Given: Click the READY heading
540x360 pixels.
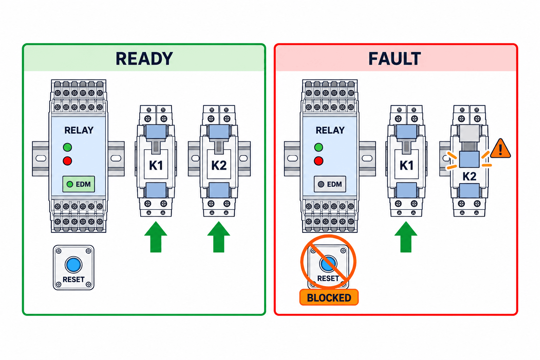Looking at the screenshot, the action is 144,59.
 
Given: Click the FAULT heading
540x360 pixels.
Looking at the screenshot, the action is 395,59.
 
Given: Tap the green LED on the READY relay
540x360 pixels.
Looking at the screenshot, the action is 67,147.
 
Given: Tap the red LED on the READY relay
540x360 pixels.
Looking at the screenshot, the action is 67,161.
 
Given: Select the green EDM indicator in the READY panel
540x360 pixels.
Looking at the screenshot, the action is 79,184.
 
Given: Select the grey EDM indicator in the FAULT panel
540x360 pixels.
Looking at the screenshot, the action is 330,184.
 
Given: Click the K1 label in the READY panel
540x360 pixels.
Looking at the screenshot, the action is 156,166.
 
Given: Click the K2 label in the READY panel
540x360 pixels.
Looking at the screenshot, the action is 219,166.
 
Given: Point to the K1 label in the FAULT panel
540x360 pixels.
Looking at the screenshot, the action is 407,166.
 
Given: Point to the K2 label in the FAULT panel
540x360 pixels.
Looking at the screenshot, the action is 469,176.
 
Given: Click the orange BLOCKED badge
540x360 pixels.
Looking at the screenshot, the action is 329,297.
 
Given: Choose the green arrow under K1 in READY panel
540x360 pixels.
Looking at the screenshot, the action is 156,237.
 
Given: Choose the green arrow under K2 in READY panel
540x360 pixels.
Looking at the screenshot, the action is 219,237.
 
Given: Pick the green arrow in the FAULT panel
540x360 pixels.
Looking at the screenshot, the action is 406,237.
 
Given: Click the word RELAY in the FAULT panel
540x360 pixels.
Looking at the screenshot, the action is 330,130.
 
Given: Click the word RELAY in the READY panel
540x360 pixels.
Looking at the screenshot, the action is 79,130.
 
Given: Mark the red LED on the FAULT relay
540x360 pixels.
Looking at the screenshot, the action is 319,161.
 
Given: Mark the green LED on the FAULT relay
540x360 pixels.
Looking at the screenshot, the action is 319,147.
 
